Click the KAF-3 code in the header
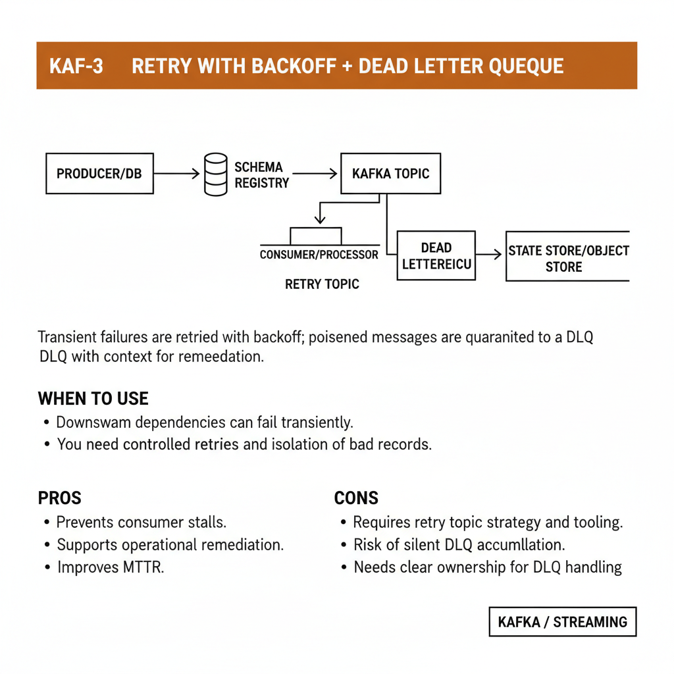[x=76, y=66]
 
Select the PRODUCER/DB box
[x=99, y=174]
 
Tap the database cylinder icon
[x=215, y=174]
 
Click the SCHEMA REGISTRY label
[x=261, y=175]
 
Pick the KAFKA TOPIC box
[x=390, y=174]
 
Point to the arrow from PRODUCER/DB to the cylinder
[x=176, y=174]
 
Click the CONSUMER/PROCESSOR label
[x=319, y=255]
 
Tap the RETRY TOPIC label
[x=322, y=284]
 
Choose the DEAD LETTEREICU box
[x=436, y=255]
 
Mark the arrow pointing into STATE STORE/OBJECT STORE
[x=489, y=254]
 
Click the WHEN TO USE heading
[x=93, y=398]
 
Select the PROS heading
[x=59, y=498]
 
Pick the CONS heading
[x=356, y=498]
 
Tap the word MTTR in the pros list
[x=140, y=567]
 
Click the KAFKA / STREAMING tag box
[x=562, y=622]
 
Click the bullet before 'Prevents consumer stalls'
[x=46, y=523]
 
